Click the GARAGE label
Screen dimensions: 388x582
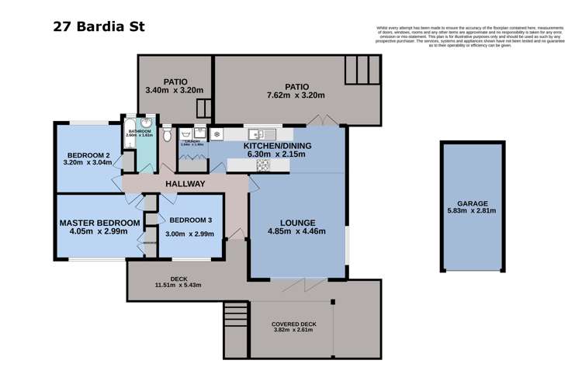point(472,203)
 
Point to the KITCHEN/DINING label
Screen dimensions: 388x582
point(275,146)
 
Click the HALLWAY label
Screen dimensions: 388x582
point(185,184)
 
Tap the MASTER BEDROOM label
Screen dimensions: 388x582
point(99,223)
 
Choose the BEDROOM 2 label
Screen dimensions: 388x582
point(85,154)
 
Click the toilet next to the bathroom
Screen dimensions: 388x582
point(167,136)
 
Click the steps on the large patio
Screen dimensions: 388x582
point(362,71)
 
